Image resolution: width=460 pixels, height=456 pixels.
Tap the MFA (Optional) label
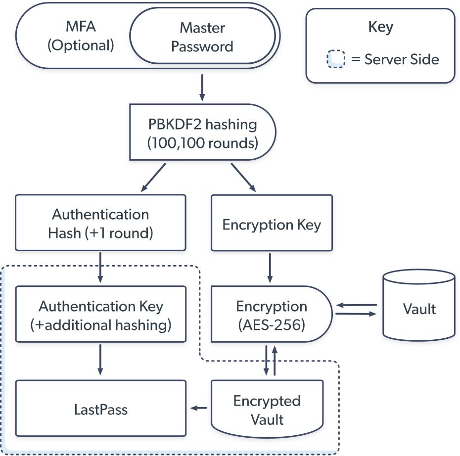(81, 37)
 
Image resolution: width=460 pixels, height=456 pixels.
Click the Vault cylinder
(419, 309)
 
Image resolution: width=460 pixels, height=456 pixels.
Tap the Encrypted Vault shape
(267, 409)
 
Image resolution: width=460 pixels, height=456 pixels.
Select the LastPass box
(100, 409)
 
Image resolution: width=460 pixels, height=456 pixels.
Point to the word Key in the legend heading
(380, 27)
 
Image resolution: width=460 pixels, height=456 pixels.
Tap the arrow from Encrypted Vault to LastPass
(199, 408)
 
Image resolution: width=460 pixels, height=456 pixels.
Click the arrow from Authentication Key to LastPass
(100, 360)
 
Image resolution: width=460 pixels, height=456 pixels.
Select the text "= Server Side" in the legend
(395, 60)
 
